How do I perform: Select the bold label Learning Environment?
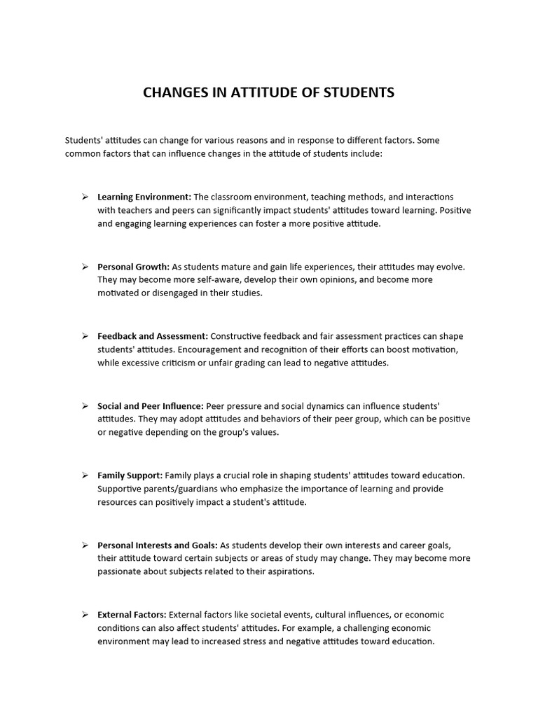144,197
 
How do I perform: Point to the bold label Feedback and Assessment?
153,336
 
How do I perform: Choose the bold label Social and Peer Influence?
151,405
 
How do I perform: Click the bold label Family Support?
130,475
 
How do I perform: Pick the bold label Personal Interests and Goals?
158,545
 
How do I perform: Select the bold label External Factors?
132,615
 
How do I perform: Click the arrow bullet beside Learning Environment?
84,197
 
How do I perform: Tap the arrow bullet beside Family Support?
84,475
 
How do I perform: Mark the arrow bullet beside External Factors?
84,615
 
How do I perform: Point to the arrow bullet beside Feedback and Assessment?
84,336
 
